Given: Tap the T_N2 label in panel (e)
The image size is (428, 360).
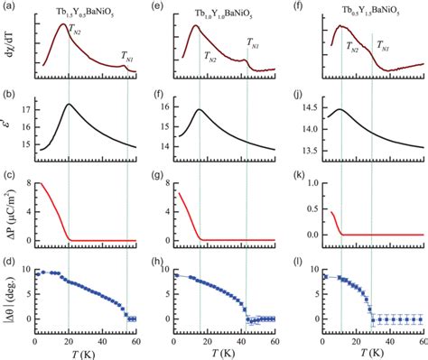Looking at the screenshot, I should click(209, 56).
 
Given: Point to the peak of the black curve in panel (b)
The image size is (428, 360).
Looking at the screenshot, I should click(69, 104).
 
